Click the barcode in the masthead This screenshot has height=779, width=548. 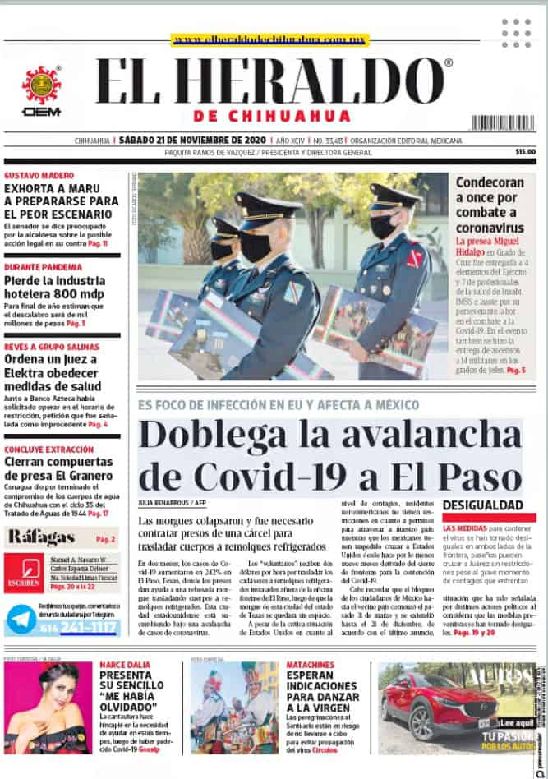click(503, 122)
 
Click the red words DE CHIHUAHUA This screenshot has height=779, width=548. click(273, 116)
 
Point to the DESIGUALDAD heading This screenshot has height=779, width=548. click(483, 505)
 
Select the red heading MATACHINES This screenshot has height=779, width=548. click(310, 664)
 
